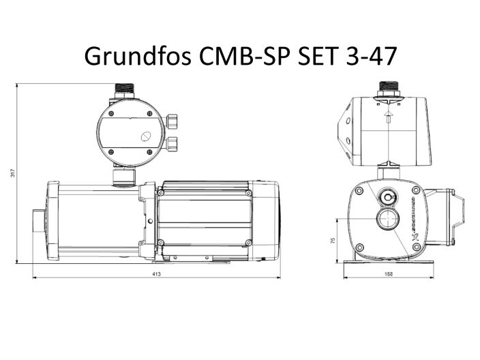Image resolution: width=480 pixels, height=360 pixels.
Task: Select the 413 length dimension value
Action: (x=156, y=274)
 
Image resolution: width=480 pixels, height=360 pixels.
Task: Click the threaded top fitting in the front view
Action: (x=388, y=89)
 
